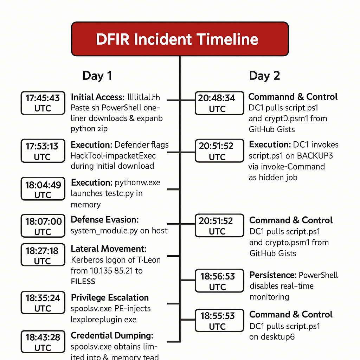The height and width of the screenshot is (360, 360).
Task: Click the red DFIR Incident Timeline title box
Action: [x=180, y=39]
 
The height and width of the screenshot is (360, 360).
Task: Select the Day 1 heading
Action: [x=97, y=76]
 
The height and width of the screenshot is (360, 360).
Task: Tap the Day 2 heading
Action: [x=264, y=76]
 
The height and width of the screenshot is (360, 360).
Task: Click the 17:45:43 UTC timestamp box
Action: [x=43, y=103]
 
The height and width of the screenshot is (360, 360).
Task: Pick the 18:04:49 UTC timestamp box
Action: [x=43, y=189]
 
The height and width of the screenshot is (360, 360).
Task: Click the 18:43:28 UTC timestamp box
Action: [x=43, y=342]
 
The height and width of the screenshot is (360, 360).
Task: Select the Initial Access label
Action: [x=97, y=97]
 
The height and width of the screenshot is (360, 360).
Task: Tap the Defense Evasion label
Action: [x=105, y=220]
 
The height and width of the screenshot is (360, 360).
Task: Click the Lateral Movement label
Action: [x=109, y=249]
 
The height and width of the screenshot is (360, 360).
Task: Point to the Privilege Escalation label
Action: [x=110, y=297]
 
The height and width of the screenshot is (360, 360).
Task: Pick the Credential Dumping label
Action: [x=112, y=335]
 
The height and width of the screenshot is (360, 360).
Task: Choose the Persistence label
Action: [x=272, y=275]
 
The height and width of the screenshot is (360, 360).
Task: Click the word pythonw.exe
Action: [x=137, y=182]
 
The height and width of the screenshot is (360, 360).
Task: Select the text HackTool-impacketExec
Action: [x=113, y=155]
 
